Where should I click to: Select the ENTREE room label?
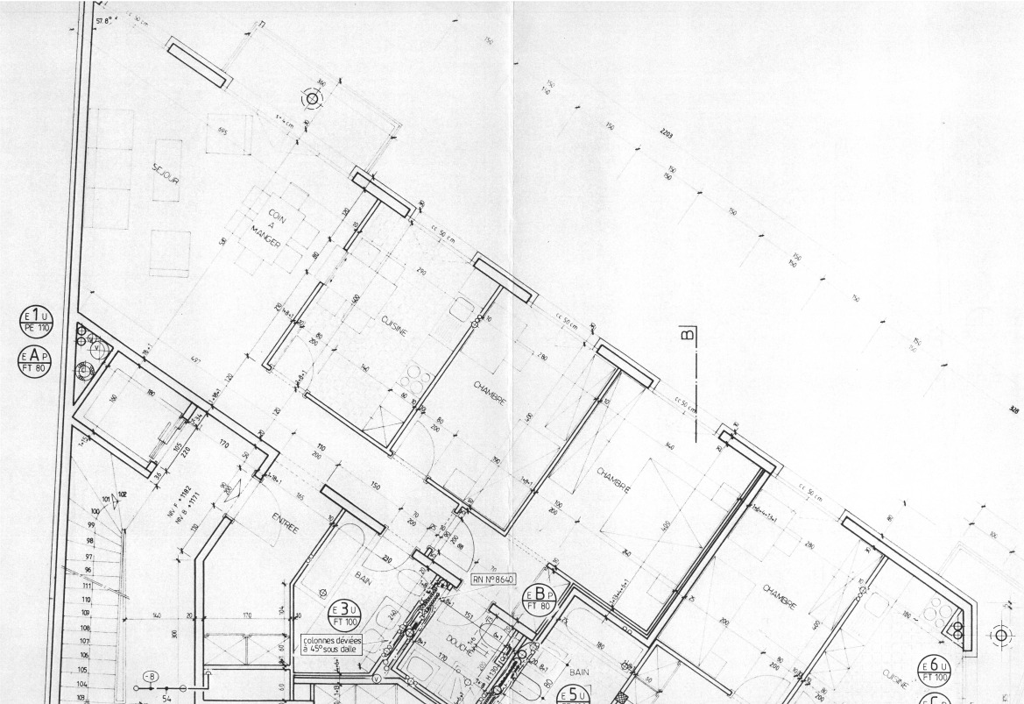pos(286,523)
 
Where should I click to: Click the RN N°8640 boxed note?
pos(495,580)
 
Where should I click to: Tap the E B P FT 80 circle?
pos(540,599)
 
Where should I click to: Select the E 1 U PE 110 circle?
pos(36,322)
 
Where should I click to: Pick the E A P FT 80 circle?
pos(36,359)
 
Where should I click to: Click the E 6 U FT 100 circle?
pos(934,671)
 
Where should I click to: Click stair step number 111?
pos(87,585)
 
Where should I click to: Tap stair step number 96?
pos(88,571)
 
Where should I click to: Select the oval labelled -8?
pos(150,676)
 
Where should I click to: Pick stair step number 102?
pos(122,495)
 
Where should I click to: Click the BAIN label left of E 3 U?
pos(364,577)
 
